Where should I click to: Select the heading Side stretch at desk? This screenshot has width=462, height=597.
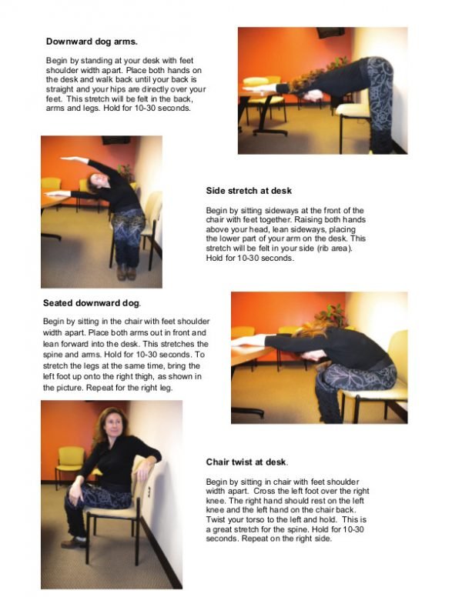coord(249,190)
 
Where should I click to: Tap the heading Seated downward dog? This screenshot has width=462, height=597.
coord(92,302)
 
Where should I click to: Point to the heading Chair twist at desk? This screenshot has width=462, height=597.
coord(247,462)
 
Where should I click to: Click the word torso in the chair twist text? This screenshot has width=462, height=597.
coord(256,519)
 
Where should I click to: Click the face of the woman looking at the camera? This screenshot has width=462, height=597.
coord(107,426)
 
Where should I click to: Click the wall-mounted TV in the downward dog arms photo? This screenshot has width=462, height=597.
coord(330,32)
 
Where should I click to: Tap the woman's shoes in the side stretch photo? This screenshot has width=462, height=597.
coord(127,272)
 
